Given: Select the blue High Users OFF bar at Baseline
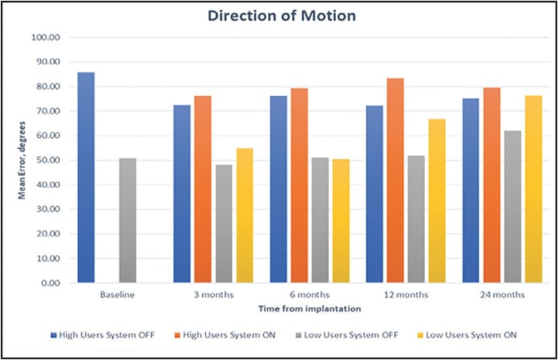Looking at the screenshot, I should [x=86, y=178].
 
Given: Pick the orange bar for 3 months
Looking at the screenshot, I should [x=203, y=190].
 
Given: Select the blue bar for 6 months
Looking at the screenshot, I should [x=278, y=190].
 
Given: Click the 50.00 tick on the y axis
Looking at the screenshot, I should [x=44, y=161].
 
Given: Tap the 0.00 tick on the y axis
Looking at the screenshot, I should [x=47, y=283].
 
